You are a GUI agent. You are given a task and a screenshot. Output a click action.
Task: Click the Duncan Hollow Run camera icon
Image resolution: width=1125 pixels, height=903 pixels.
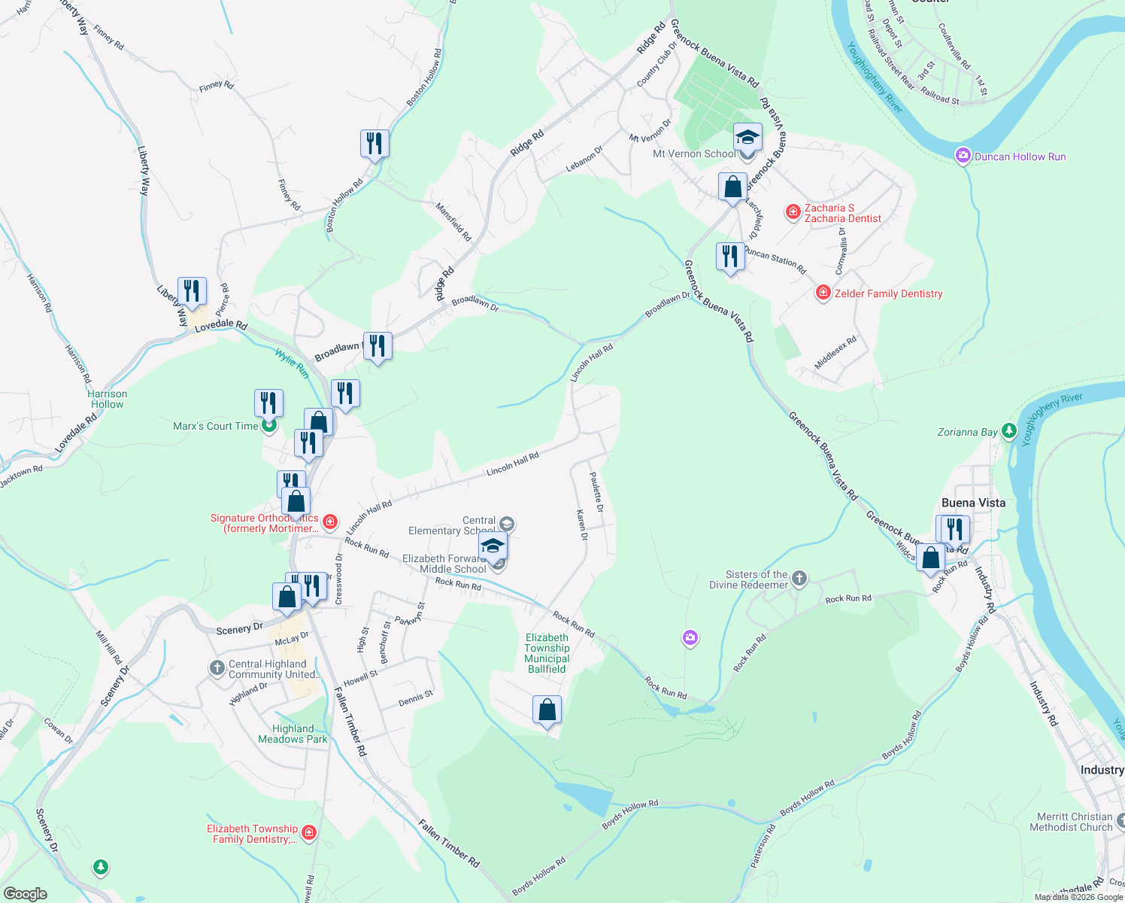click(963, 156)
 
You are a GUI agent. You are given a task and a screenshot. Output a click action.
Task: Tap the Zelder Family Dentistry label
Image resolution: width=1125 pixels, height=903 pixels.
click(888, 293)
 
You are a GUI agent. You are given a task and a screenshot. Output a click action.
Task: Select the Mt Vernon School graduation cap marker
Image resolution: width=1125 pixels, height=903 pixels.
click(747, 138)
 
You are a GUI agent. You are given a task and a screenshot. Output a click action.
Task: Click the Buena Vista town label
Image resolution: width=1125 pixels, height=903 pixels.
click(973, 503)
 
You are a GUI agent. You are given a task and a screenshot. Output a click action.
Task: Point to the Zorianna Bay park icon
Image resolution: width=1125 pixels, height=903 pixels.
click(1008, 431)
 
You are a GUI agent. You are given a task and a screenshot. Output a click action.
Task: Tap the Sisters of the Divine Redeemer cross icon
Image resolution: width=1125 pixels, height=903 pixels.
click(799, 579)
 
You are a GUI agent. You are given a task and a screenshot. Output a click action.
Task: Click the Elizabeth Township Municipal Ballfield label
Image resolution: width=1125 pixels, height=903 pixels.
click(547, 653)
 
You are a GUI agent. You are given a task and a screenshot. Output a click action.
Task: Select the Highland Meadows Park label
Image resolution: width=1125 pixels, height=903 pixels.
click(293, 734)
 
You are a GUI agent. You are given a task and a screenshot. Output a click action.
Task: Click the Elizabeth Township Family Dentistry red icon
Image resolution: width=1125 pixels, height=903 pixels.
click(308, 832)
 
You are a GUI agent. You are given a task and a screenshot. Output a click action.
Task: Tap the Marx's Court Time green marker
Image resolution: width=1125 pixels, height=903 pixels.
click(268, 426)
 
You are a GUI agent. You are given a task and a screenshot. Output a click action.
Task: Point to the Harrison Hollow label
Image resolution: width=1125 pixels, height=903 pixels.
click(108, 399)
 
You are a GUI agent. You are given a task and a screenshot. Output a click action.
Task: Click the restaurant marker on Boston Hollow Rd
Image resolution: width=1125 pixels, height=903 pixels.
click(374, 143)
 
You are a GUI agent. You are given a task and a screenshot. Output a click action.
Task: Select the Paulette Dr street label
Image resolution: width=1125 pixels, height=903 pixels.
click(596, 492)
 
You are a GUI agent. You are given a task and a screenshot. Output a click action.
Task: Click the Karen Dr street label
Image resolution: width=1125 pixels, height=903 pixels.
click(581, 524)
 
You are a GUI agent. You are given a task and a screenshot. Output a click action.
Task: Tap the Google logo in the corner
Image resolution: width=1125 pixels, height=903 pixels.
click(25, 893)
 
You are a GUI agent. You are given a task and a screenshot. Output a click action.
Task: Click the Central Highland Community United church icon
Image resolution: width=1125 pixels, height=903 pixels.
click(217, 667)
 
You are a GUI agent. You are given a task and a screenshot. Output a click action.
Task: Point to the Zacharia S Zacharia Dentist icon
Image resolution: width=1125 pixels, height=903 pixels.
click(793, 212)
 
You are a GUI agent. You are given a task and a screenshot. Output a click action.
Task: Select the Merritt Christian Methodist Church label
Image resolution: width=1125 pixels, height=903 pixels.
click(1071, 822)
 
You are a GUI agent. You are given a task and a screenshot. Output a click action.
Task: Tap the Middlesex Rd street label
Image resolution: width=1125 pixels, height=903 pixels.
click(835, 352)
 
